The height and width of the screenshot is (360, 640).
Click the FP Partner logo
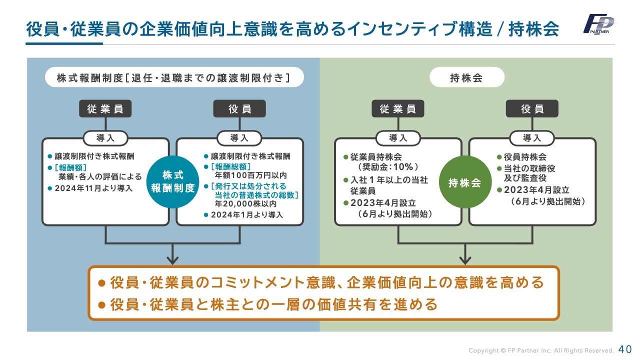click(x=598, y=25)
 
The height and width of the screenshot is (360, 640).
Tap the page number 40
click(x=625, y=349)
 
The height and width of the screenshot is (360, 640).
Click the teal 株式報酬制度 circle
click(x=172, y=181)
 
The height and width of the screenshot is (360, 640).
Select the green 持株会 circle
click(x=465, y=182)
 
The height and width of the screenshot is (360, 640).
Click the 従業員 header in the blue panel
click(x=105, y=108)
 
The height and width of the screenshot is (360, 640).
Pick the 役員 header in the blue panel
click(x=239, y=108)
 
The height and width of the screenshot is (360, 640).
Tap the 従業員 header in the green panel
click(x=397, y=108)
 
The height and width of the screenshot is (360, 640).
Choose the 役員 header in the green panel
click(x=532, y=108)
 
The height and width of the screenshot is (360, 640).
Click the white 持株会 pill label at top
click(x=465, y=77)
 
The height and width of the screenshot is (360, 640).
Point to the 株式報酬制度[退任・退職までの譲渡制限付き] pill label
click(x=173, y=77)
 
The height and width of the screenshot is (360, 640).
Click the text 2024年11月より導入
click(x=93, y=188)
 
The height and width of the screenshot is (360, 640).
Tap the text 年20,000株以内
click(x=242, y=204)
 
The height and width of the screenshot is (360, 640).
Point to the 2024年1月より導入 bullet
click(x=246, y=215)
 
